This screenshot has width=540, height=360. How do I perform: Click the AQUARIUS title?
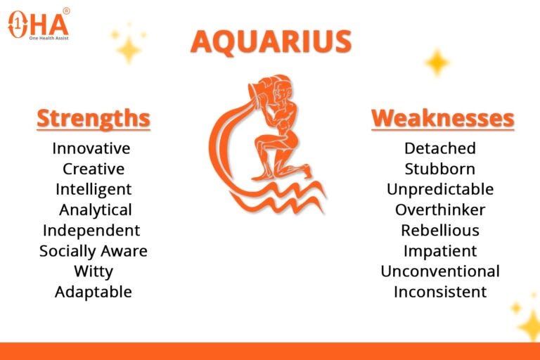point(271,41)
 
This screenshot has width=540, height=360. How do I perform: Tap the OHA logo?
point(39,24)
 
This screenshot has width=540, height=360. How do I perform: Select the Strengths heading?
point(94,119)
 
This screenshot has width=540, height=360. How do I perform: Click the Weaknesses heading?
point(442,119)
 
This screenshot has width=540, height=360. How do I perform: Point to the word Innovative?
point(91,148)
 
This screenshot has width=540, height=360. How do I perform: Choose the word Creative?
point(94,169)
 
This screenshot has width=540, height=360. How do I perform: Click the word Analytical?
point(96,210)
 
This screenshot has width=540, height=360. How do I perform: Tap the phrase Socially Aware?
point(94,251)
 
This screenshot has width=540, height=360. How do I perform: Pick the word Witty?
point(94,271)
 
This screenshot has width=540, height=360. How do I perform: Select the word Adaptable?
point(94,292)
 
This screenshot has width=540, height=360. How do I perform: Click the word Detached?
point(440,148)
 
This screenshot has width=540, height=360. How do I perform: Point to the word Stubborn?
point(439,169)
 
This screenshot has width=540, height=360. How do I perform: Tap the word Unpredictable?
point(440,189)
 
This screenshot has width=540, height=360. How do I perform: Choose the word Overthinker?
point(440,210)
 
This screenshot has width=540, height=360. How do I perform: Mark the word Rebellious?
point(440,231)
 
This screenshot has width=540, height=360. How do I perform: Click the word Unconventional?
point(440,271)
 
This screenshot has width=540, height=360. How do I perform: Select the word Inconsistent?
point(440,292)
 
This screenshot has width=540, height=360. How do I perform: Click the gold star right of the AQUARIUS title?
point(437,63)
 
